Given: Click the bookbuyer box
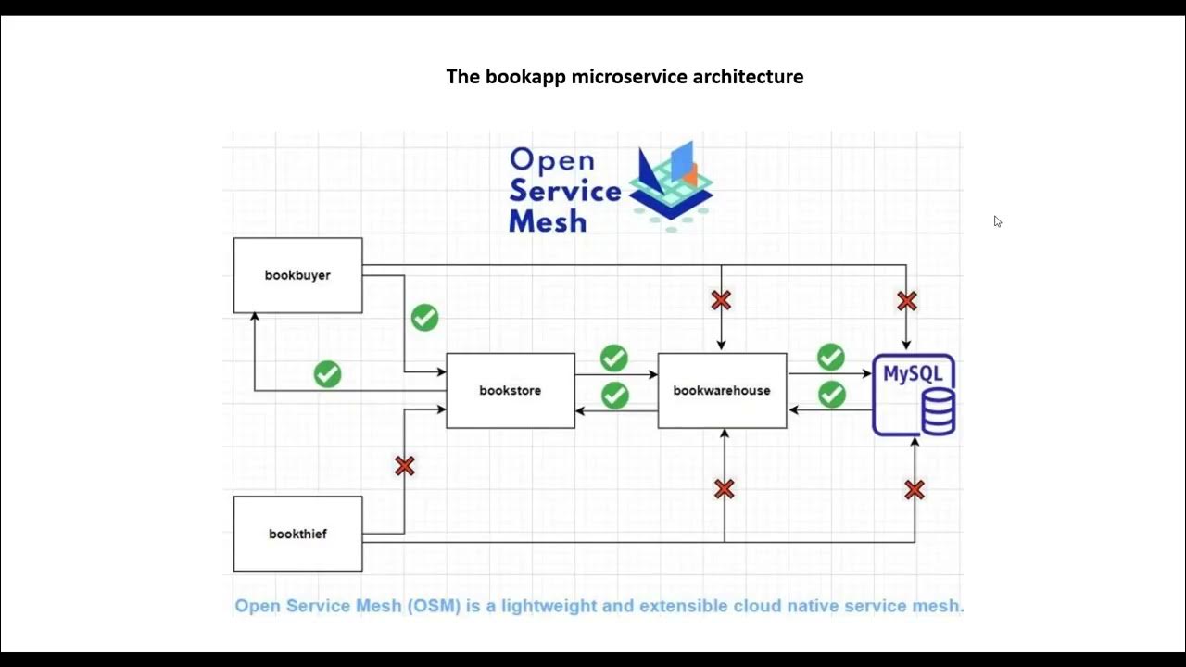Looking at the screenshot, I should pyautogui.click(x=297, y=275).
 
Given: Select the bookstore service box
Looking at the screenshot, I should pyautogui.click(x=510, y=390).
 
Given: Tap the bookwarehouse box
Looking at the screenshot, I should pyautogui.click(x=722, y=390).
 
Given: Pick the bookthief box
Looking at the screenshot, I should pyautogui.click(x=297, y=534).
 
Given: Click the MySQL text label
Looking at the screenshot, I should pyautogui.click(x=912, y=373).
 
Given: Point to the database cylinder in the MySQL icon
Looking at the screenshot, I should pyautogui.click(x=938, y=411).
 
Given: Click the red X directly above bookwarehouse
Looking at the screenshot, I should pyautogui.click(x=721, y=300).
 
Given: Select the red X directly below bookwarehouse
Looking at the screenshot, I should pyautogui.click(x=724, y=489).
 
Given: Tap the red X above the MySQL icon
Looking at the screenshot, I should pyautogui.click(x=906, y=301).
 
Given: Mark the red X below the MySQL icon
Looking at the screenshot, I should pyautogui.click(x=915, y=490).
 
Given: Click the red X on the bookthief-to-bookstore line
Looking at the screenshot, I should pyautogui.click(x=404, y=466).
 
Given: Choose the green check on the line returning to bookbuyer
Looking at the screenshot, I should pyautogui.click(x=327, y=374).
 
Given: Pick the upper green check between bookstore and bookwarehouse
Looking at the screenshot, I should pyautogui.click(x=613, y=358).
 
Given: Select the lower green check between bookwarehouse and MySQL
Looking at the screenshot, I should pyautogui.click(x=831, y=395).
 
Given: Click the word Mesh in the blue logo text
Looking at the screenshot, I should pyautogui.click(x=548, y=221).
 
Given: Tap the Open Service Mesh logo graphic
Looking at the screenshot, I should pyautogui.click(x=671, y=185).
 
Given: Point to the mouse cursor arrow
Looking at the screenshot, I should pyautogui.click(x=997, y=221).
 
